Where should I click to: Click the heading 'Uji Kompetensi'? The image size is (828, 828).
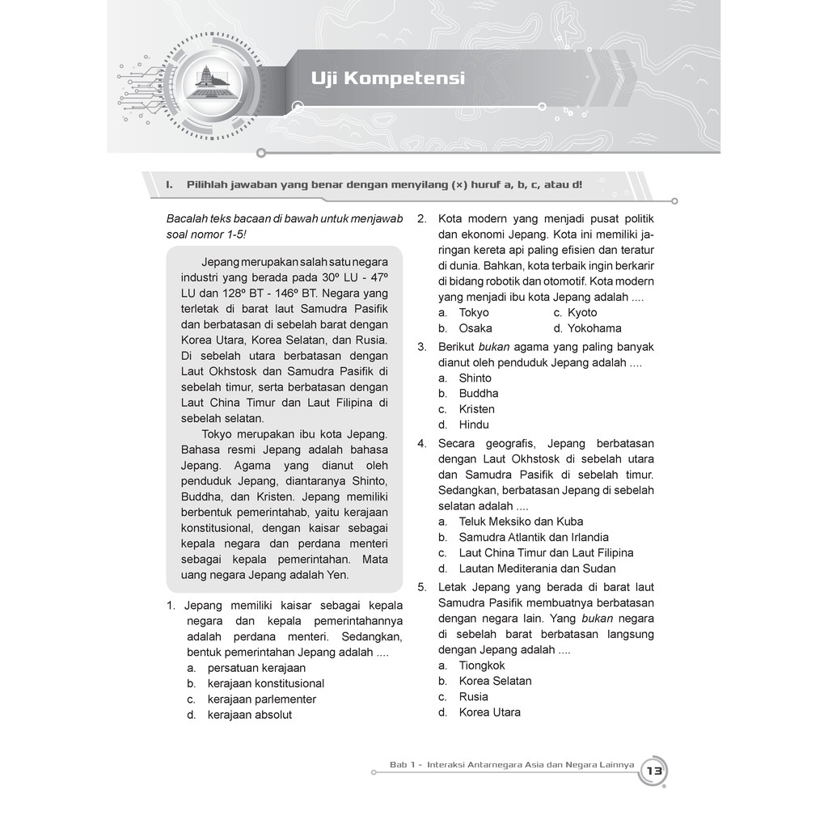coord(387,79)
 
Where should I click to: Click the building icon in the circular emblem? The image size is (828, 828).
coord(209,80)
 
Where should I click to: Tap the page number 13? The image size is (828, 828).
coord(653,771)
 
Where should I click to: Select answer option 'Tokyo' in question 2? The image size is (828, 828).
coord(474,313)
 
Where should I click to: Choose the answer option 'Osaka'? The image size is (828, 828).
coord(475,328)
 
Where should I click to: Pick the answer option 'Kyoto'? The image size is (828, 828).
coord(581,313)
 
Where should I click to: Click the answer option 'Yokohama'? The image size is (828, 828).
coord(594,328)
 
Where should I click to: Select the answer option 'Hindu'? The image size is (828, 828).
coord(474,425)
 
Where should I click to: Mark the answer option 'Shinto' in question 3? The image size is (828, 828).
coord(475,378)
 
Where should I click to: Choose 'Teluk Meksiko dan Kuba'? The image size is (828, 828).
coord(521,522)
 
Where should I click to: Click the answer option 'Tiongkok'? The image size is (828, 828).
coord(482,665)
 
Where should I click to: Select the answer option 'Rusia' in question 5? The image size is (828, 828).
coord(473,696)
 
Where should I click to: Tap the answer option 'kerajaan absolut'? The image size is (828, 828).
coord(249,715)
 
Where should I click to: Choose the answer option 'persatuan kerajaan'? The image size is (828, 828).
coord(256,668)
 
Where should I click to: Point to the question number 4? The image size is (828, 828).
coord(422,444)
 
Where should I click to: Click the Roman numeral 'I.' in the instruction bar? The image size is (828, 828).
coord(170,184)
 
